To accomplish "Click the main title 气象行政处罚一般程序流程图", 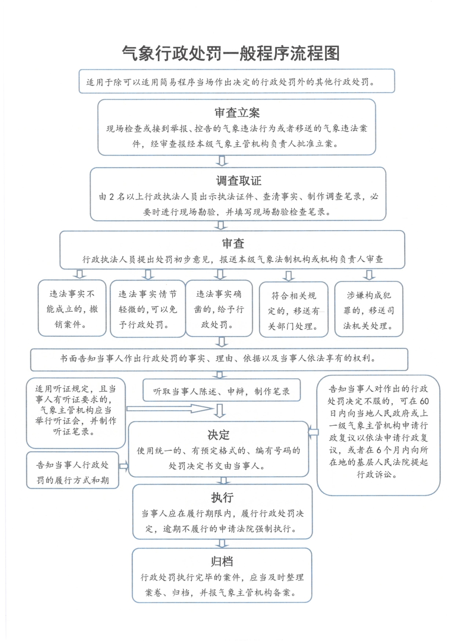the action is pyautogui.click(x=231, y=53).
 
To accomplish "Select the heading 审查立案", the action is pyautogui.click(x=237, y=113).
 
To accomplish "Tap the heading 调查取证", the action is pyautogui.click(x=239, y=180).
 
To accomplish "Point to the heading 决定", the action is pyautogui.click(x=219, y=435).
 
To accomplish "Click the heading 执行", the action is pyautogui.click(x=222, y=497).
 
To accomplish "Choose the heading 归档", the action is pyautogui.click(x=222, y=562).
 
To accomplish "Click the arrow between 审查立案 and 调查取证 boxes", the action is pyautogui.click(x=222, y=161).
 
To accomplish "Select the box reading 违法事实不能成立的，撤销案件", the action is pyautogui.click(x=72, y=308).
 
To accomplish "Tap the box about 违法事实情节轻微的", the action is pyautogui.click(x=148, y=308).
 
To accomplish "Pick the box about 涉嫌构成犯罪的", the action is pyautogui.click(x=369, y=309).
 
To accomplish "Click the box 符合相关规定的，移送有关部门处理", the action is pyautogui.click(x=294, y=309).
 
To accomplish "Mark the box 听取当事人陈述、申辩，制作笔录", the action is pyautogui.click(x=222, y=390).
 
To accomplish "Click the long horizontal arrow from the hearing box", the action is pyautogui.click(x=170, y=409).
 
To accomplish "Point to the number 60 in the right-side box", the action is pyautogui.click(x=424, y=401).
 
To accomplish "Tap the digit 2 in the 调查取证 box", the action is pyautogui.click(x=112, y=197).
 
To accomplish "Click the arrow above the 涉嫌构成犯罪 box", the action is pyautogui.click(x=369, y=275).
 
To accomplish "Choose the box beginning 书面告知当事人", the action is pyautogui.click(x=219, y=359).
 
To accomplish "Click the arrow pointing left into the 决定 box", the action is pyautogui.click(x=313, y=432).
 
